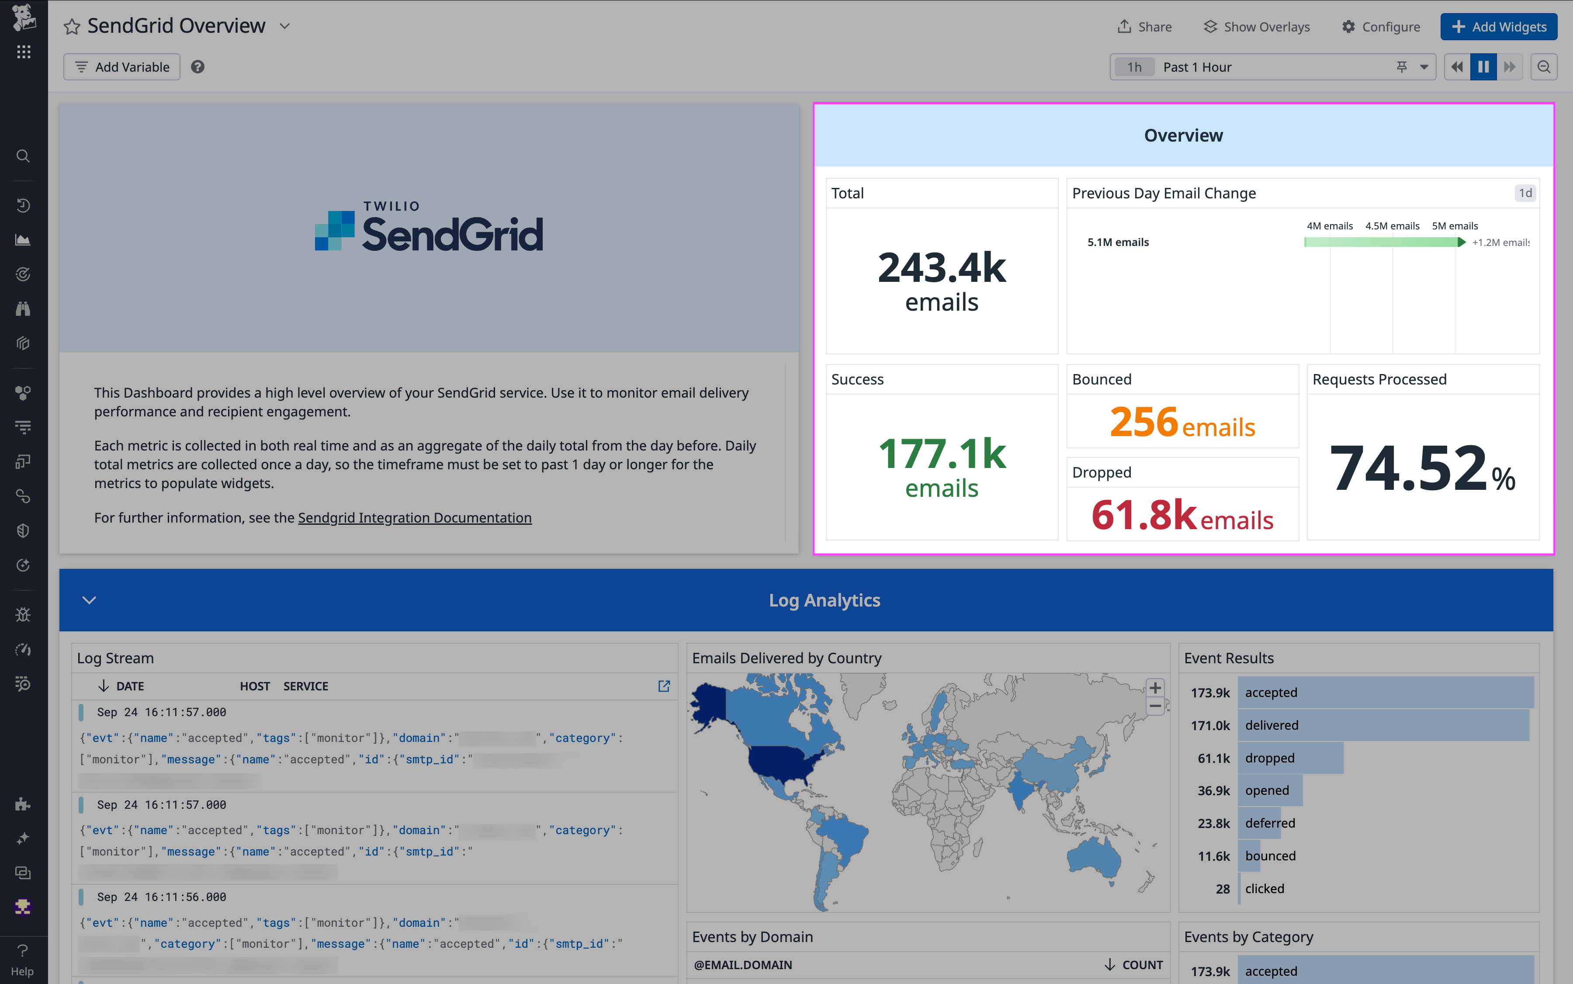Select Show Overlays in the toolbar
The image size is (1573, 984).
pos(1256,27)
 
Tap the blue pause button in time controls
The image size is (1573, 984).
pos(1483,67)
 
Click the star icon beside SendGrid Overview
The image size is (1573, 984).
pos(72,27)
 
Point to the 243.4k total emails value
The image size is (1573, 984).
pos(941,267)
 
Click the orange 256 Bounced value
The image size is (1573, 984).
pos(1143,422)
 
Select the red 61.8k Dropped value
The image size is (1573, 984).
pos(1143,515)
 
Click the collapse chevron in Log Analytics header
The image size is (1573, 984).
pos(89,600)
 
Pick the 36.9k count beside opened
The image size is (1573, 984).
pos(1213,791)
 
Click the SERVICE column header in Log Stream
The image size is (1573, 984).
pos(305,686)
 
